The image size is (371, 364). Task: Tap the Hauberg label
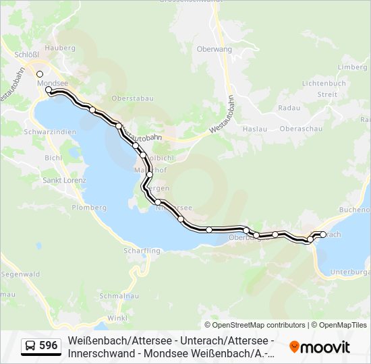(x=59, y=48)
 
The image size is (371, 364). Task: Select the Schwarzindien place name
(x=49, y=132)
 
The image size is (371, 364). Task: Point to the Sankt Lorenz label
(x=63, y=181)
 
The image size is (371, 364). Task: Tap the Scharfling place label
(x=142, y=251)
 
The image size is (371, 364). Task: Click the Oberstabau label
(x=133, y=98)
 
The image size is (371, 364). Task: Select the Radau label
(x=288, y=107)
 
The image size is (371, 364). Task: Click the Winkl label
(x=117, y=317)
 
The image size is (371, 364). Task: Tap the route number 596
(x=48, y=346)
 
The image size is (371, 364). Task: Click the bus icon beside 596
(x=30, y=346)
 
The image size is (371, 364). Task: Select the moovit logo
(x=320, y=347)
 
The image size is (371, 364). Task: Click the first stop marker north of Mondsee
(x=40, y=74)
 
